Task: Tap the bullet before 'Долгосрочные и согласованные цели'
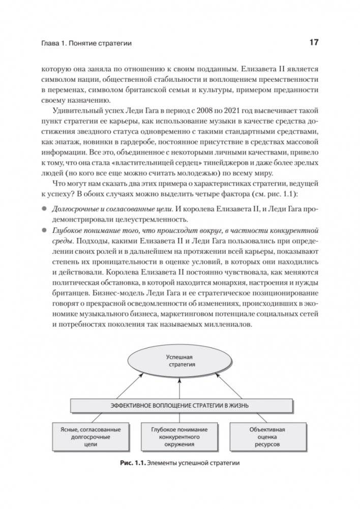coord(44,209)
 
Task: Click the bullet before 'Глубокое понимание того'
coord(44,231)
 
